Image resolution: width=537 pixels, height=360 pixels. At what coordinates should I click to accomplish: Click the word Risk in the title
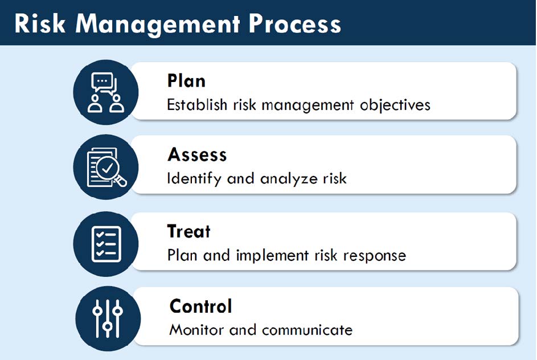point(40,23)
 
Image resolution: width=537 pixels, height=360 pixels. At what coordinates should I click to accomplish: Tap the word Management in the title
point(158,24)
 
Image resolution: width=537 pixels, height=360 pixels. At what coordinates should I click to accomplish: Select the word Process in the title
point(294,24)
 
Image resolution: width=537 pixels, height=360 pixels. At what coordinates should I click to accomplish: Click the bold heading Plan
point(186,81)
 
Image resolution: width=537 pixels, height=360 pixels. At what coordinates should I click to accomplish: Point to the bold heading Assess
point(197,154)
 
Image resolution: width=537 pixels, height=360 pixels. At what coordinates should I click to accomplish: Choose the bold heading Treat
point(188,231)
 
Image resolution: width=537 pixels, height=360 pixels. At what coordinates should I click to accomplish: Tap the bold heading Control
point(200,306)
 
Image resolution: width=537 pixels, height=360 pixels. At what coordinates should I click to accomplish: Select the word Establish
point(197,104)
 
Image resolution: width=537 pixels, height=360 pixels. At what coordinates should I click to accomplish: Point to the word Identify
point(194,179)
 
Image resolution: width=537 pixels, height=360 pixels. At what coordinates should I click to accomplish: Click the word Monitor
point(196,330)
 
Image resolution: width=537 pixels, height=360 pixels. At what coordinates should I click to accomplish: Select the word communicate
point(307,330)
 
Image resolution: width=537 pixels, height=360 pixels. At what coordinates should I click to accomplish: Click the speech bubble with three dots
point(102,81)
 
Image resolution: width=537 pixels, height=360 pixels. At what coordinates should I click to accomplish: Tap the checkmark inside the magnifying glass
point(107,168)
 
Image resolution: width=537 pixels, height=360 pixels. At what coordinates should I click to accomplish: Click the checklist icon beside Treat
point(106,244)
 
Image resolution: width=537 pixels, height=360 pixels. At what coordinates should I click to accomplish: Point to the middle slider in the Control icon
point(108,318)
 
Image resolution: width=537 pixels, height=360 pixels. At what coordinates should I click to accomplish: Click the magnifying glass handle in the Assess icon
point(120,181)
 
